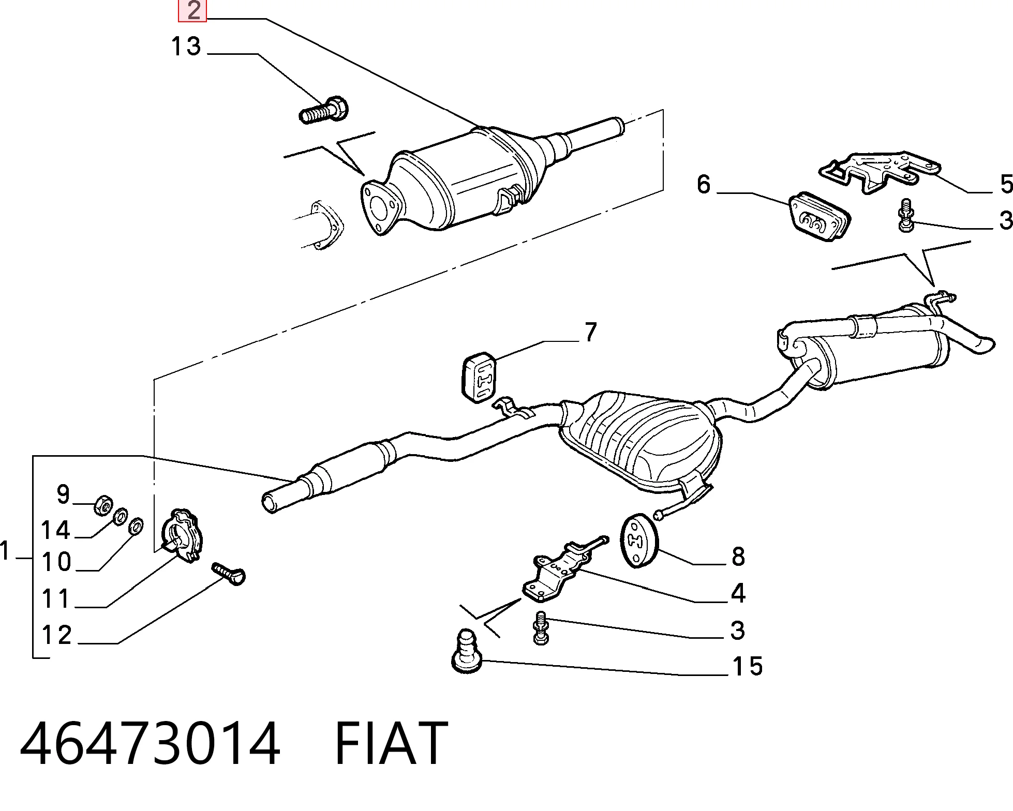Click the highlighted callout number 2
tap(192, 11)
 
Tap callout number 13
tap(186, 47)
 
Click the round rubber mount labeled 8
tap(638, 540)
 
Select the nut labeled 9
tap(102, 505)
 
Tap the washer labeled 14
tap(121, 516)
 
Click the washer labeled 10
tap(136, 526)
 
